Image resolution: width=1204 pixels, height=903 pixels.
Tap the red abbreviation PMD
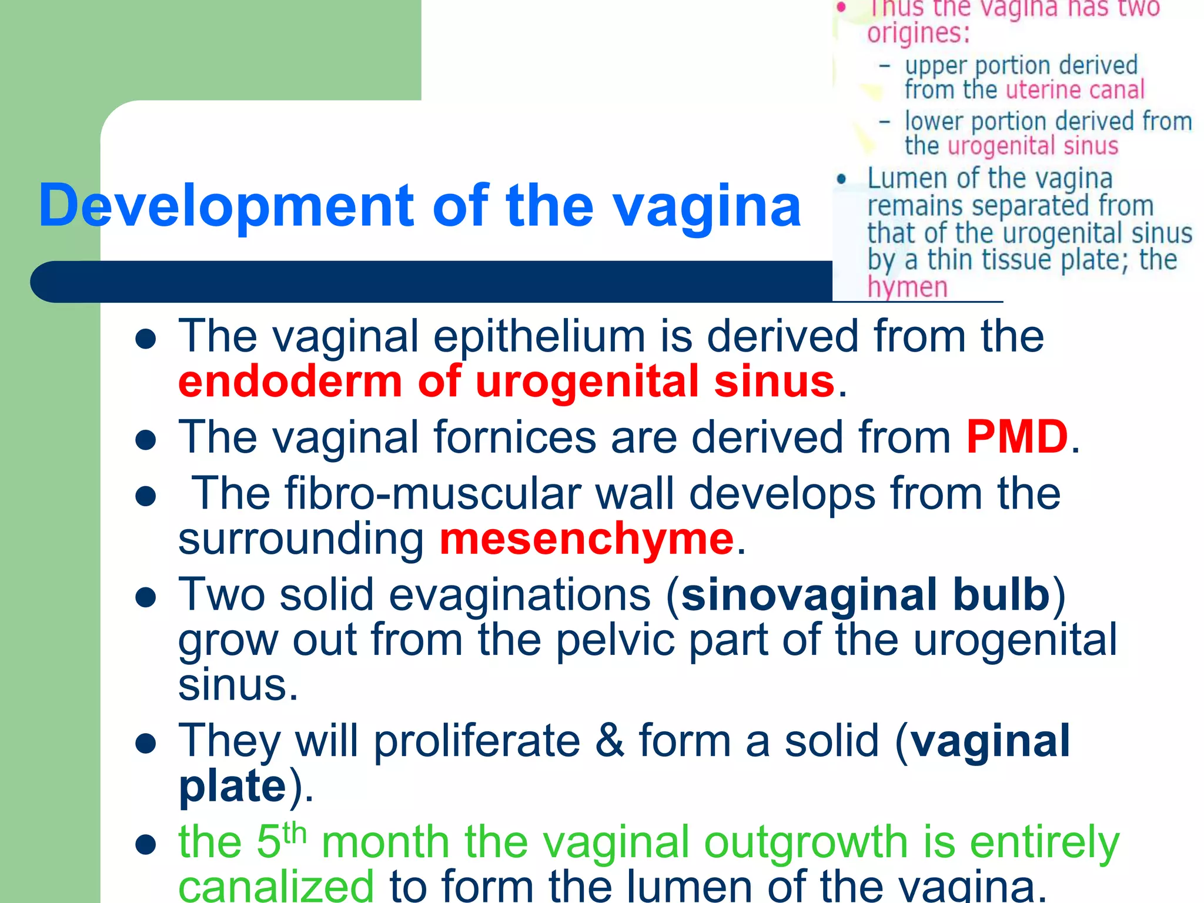pyautogui.click(x=1016, y=437)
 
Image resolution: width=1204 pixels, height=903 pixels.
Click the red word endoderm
pyautogui.click(x=290, y=382)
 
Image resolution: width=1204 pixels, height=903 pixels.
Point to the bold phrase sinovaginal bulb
pyautogui.click(x=866, y=594)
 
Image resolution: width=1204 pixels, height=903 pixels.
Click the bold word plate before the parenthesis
pyautogui.click(x=232, y=785)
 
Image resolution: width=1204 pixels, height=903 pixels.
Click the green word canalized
pyautogui.click(x=276, y=886)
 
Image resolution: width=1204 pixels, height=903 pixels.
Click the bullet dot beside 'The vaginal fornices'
pyautogui.click(x=145, y=439)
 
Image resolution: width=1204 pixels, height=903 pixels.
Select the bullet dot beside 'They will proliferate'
pyautogui.click(x=145, y=743)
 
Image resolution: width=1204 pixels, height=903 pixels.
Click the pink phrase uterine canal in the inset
pyautogui.click(x=1075, y=90)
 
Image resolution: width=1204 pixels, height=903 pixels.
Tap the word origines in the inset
pyautogui.click(x=918, y=33)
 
